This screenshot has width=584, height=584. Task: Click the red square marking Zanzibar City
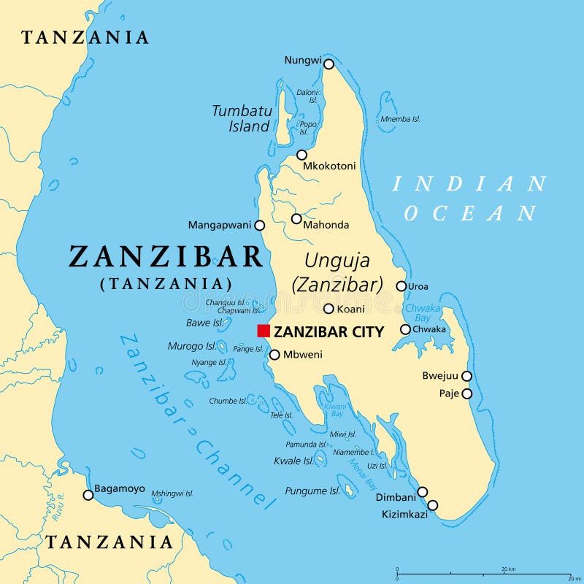click(x=264, y=331)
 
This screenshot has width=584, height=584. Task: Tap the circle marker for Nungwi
click(x=328, y=64)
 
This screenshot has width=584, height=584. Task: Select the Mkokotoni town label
click(x=329, y=166)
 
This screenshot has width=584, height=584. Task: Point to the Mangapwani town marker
click(x=260, y=226)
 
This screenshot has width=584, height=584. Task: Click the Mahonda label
click(x=326, y=225)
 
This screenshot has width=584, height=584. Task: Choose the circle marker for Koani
click(x=328, y=309)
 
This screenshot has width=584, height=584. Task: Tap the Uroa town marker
click(x=401, y=286)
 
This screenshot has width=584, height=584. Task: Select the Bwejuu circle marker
click(x=466, y=376)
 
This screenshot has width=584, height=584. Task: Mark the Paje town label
click(x=448, y=393)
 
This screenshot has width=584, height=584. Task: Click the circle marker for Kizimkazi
click(x=432, y=505)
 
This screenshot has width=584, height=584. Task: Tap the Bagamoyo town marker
click(x=88, y=495)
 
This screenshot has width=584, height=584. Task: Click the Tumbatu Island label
click(x=242, y=118)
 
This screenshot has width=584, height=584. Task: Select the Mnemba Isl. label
click(x=400, y=119)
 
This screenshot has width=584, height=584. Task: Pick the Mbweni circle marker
click(x=274, y=355)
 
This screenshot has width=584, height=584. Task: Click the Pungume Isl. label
click(x=312, y=491)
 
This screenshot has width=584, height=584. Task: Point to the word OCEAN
click(x=470, y=213)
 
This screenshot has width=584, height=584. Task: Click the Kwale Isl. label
click(x=293, y=461)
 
